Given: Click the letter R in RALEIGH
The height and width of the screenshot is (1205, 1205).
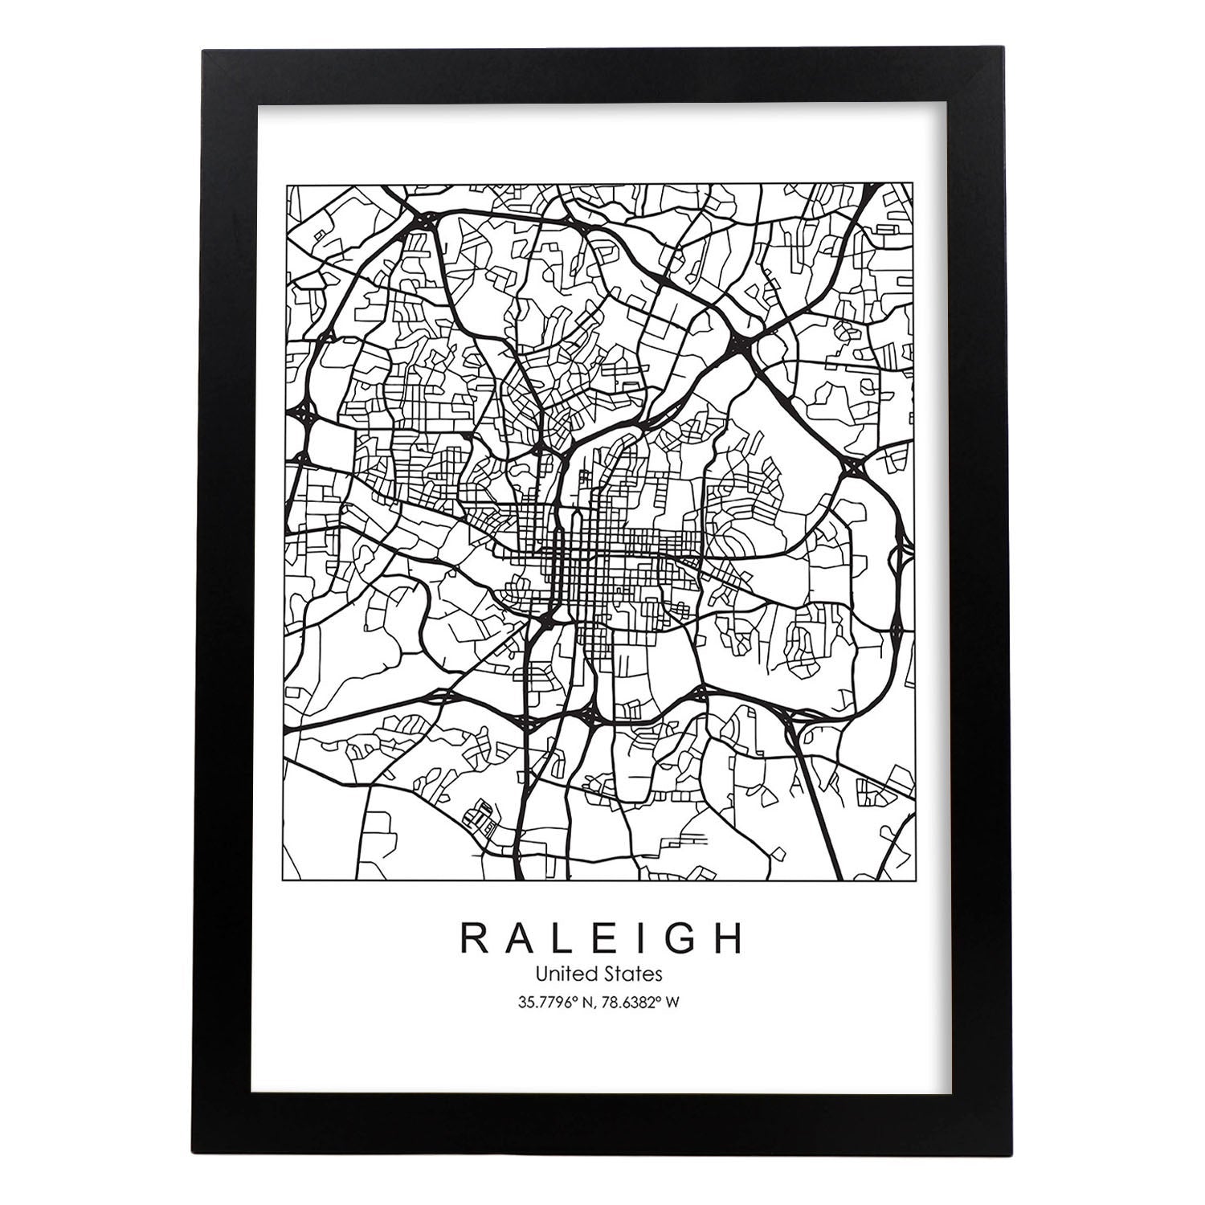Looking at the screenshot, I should tap(475, 940).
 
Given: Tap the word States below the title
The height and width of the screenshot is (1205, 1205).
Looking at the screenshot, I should tap(635, 974).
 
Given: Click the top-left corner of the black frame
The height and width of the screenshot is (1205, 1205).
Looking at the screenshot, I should tap(203, 51).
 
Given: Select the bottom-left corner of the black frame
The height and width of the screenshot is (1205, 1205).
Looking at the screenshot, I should tap(203, 1154).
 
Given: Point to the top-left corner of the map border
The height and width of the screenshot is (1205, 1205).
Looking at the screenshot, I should tap(287, 185).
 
